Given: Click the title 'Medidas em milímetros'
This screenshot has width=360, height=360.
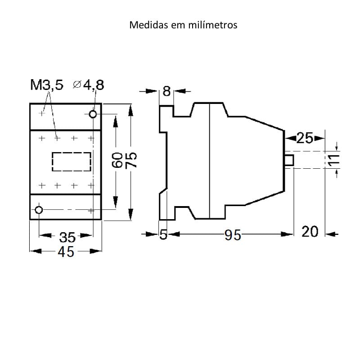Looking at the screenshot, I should tap(183, 25).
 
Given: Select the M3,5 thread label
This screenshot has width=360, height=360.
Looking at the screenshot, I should tap(47, 85).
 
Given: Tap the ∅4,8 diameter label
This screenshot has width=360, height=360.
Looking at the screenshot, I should tap(88, 85).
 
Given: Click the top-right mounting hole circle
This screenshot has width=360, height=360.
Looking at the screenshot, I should tap(93, 114).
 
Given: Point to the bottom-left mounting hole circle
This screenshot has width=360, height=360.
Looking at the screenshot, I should tap(39, 210).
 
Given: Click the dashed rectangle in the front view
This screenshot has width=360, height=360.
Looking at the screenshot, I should tap(72, 162).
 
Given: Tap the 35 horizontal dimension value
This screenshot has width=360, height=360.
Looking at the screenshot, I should tap(67, 236).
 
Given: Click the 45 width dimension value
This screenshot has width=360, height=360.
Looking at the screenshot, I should tap(66, 252).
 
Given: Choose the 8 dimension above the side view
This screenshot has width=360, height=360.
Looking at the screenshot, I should tap(166, 91).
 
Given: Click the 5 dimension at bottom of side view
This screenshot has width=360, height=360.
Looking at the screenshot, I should tap(164, 234).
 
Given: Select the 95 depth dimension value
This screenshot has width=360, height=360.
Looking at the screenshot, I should tap(233, 234).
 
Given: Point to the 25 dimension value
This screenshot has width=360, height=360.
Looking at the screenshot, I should tap(305, 138).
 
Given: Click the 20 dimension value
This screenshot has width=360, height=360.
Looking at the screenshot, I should tap(310, 232).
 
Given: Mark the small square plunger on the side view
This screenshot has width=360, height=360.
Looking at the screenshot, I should tap(289, 160).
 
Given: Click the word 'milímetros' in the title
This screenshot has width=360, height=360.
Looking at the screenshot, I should tap(216, 25).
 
